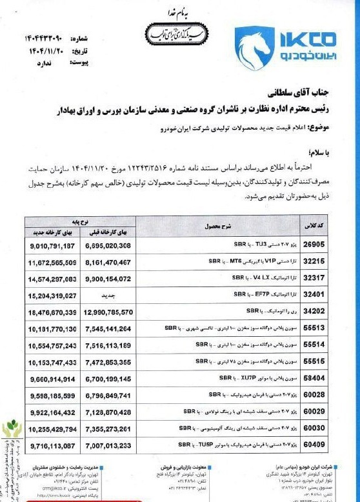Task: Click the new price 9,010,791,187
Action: click(x=53, y=246)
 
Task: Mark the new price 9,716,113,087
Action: click(x=53, y=445)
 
